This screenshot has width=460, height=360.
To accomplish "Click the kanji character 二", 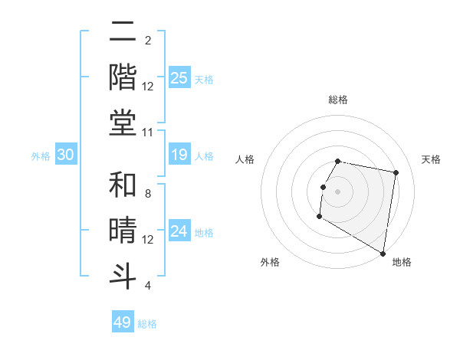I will tap(123, 32).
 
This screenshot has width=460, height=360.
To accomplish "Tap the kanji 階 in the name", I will tap(123, 77).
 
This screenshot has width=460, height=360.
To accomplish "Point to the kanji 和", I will tap(123, 186).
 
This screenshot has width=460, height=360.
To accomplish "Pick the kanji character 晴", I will tap(123, 231).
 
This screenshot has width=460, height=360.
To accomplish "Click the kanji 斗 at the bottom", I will tap(123, 275).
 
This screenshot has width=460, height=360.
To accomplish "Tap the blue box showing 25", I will tap(179, 77).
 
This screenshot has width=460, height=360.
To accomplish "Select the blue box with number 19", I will tap(179, 155).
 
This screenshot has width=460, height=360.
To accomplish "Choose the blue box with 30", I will tap(66, 155).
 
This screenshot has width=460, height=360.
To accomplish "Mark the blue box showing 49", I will tap(123, 322).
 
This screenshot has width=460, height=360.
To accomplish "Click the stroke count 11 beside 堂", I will tap(148, 133).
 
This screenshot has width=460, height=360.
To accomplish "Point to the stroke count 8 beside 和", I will tap(148, 195).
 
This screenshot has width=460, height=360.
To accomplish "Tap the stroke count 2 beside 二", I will tap(148, 41).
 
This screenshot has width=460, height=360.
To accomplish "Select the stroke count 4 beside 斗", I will tap(148, 286).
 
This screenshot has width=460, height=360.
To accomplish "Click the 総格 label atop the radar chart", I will tap(337, 100).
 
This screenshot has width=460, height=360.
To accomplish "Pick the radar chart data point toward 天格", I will tap(396, 173).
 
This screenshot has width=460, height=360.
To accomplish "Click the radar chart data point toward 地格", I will tap(383, 254).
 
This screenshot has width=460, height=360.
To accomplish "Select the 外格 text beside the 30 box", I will tap(41, 156).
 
